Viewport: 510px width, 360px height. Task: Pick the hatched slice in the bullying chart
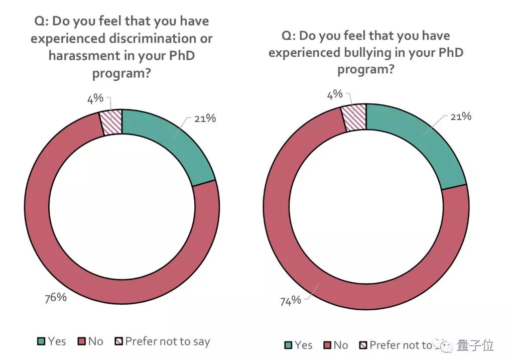(354, 117)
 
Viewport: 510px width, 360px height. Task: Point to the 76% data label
(56, 297)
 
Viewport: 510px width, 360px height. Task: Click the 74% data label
(290, 300)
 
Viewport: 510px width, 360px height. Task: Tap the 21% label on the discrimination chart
(205, 119)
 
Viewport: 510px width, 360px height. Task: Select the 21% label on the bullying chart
(460, 116)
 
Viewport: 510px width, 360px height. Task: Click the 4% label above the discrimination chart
(95, 98)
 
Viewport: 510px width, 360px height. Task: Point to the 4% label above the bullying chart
(335, 94)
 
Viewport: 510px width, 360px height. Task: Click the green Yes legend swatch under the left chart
(42, 342)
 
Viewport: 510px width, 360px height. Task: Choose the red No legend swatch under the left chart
(81, 342)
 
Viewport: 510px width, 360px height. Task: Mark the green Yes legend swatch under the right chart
(288, 345)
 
